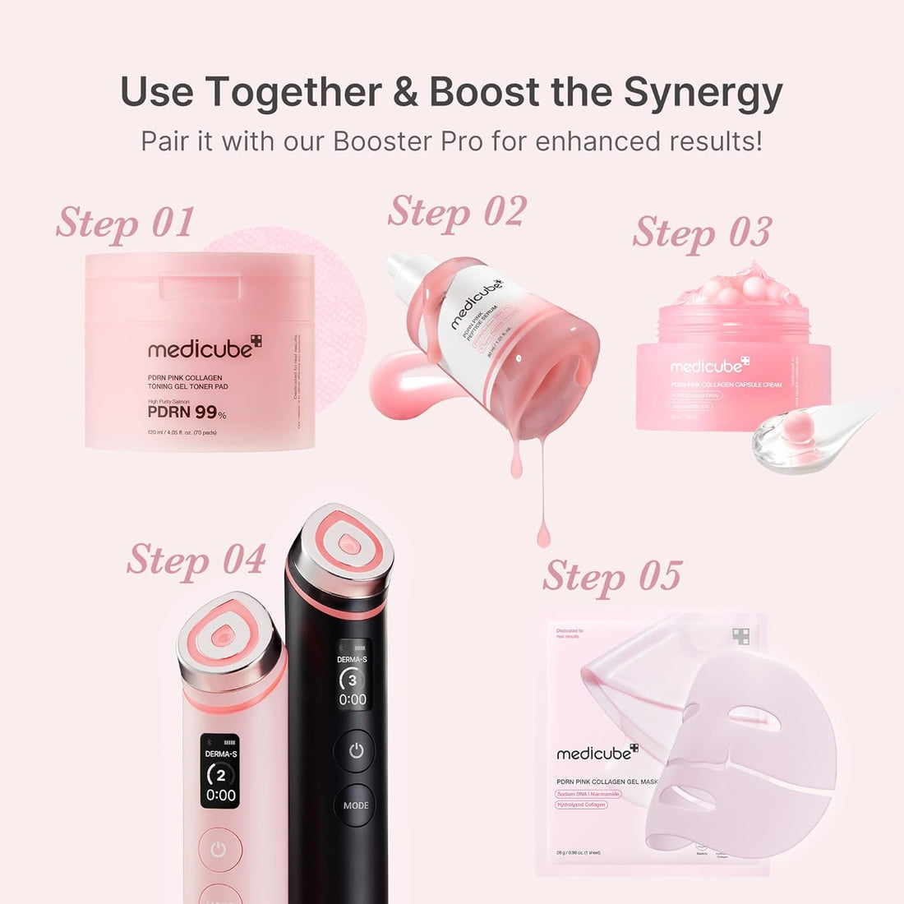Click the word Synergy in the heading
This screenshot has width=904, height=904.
pyautogui.click(x=703, y=92)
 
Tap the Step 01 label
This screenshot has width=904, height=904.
pyautogui.click(x=126, y=224)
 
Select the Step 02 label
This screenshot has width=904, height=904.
pyautogui.click(x=457, y=212)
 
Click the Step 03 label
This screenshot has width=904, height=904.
pyautogui.click(x=703, y=232)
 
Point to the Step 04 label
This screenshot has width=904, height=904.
pyautogui.click(x=196, y=560)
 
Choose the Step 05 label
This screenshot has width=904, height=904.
pyautogui.click(x=612, y=575)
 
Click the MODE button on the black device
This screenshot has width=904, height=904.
pyautogui.click(x=356, y=805)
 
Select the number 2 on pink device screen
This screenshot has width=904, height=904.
pyautogui.click(x=220, y=775)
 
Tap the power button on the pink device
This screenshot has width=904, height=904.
pyautogui.click(x=219, y=850)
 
